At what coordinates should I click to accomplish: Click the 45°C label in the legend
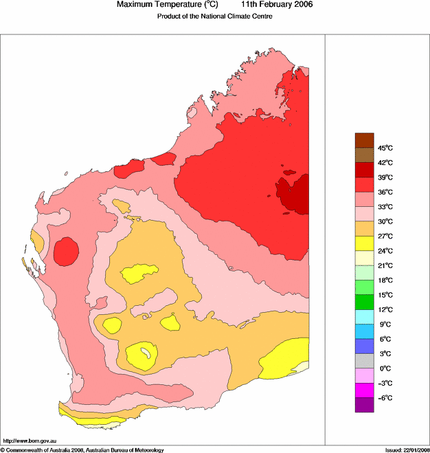pyautogui.click(x=385, y=148)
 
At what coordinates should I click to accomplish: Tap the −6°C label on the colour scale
pyautogui.click(x=385, y=398)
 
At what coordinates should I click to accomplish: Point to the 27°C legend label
pyautogui.click(x=385, y=236)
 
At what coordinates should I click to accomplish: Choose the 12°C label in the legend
pyautogui.click(x=385, y=309)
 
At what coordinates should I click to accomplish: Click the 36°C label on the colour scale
pyautogui.click(x=385, y=192)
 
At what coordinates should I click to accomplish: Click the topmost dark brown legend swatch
pyautogui.click(x=364, y=140)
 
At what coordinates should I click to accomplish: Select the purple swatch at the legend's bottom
pyautogui.click(x=364, y=405)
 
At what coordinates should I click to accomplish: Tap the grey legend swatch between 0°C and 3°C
pyautogui.click(x=364, y=361)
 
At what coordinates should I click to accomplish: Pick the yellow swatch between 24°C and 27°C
pyautogui.click(x=364, y=243)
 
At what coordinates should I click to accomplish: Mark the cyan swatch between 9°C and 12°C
pyautogui.click(x=364, y=317)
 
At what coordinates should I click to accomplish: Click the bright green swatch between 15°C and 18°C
pyautogui.click(x=364, y=287)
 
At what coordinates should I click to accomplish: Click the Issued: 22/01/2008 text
pyautogui.click(x=406, y=450)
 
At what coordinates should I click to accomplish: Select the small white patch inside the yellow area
pyautogui.click(x=145, y=354)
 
